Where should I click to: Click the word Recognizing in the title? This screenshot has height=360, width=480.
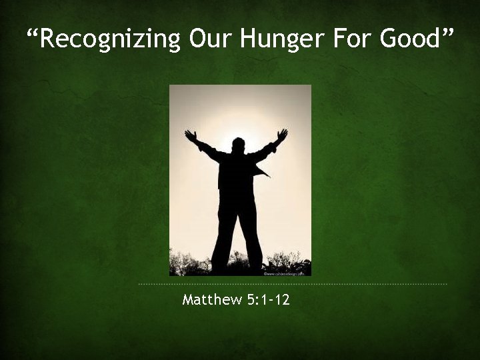point(111,39)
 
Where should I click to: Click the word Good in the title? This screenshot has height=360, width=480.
point(408,39)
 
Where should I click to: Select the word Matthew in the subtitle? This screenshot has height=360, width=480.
point(211,300)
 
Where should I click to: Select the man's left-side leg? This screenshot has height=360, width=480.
point(224,233)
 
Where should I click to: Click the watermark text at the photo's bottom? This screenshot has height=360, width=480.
point(286,273)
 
